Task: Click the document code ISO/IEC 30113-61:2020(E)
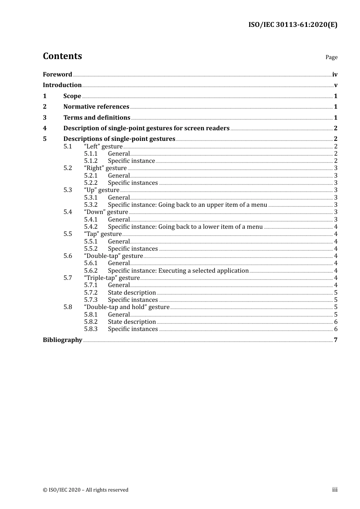pos(293,25)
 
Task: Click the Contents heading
pos(62,56)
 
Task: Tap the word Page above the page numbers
pos(331,57)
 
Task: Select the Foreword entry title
pos(57,75)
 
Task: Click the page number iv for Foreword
pos(335,75)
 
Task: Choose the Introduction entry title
pos(62,85)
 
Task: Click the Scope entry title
pos(72,96)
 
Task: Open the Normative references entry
pos(96,107)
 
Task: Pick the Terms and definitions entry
pos(97,118)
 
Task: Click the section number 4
pos(45,128)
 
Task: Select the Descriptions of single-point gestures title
pos(119,139)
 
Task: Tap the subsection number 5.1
pos(67,147)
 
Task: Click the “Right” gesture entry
pos(105,168)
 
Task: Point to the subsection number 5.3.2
pos(91,205)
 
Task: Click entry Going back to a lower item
pos(185,227)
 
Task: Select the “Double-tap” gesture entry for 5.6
pos(113,256)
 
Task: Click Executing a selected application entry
pos(178,271)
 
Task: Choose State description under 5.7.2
pos(131,293)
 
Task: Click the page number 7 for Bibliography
pos(335,340)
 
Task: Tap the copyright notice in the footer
pos(86,490)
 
